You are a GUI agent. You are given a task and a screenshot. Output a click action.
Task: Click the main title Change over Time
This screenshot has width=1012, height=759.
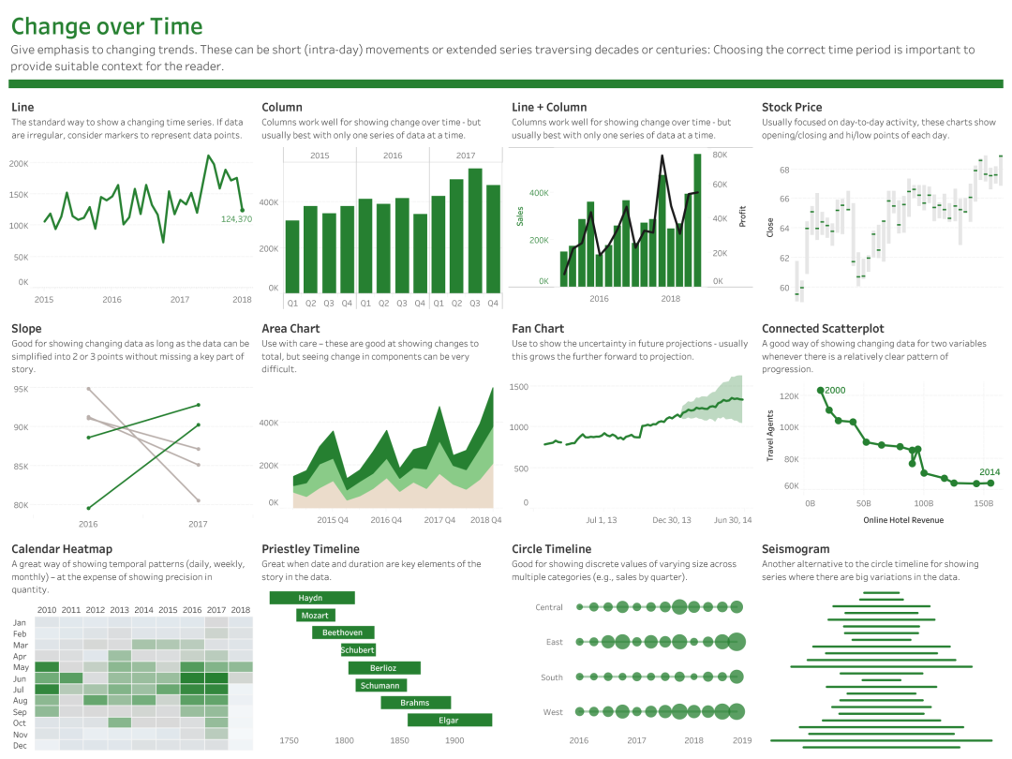pyautogui.click(x=107, y=27)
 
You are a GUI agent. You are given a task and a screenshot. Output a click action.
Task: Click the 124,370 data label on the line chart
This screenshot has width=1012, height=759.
pyautogui.click(x=236, y=218)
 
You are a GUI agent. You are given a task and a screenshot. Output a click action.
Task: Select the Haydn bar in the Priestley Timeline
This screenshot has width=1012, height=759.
pyautogui.click(x=311, y=598)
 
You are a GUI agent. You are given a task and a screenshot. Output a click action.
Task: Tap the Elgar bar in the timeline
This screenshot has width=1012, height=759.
pyautogui.click(x=449, y=720)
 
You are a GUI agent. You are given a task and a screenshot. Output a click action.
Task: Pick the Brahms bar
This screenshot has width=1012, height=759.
pyautogui.click(x=415, y=703)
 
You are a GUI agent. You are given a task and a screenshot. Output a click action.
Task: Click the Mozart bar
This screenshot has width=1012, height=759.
pyautogui.click(x=315, y=616)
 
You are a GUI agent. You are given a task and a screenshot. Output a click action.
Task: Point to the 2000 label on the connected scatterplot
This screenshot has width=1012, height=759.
pyautogui.click(x=835, y=390)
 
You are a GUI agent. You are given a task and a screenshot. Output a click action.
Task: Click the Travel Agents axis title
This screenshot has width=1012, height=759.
pyautogui.click(x=769, y=436)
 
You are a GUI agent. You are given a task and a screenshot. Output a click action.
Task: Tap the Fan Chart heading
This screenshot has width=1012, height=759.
pyautogui.click(x=538, y=329)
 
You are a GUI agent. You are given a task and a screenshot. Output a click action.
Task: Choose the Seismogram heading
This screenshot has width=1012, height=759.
pyautogui.click(x=796, y=549)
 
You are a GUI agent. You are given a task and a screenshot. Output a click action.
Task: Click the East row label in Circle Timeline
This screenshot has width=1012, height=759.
pyautogui.click(x=554, y=643)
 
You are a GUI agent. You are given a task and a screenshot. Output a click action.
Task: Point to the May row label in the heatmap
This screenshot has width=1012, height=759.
pyautogui.click(x=20, y=667)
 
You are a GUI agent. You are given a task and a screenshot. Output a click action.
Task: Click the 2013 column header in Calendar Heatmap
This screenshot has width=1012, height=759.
pyautogui.click(x=119, y=610)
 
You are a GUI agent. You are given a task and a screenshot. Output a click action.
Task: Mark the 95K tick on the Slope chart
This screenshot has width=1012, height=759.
pyautogui.click(x=21, y=388)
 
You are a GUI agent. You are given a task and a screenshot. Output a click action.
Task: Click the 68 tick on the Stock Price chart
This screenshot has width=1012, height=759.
pyautogui.click(x=783, y=170)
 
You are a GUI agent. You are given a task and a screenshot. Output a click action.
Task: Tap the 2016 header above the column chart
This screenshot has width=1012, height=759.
pyautogui.click(x=392, y=156)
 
